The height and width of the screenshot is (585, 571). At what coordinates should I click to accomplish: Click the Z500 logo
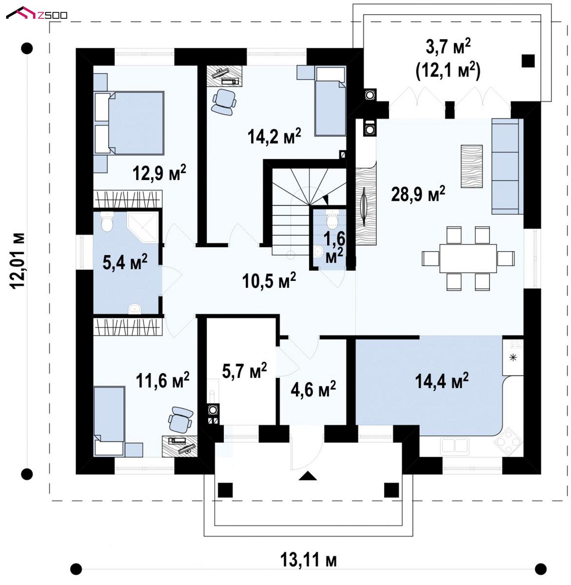pos(36,13)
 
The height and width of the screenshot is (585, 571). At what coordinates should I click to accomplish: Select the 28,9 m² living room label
pos(418,194)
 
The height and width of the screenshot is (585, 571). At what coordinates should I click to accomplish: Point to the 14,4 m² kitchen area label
pos(442,381)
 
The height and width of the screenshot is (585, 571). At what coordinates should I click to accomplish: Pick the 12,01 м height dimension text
pos(18,261)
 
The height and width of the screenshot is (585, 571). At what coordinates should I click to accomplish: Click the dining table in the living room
pos(468,259)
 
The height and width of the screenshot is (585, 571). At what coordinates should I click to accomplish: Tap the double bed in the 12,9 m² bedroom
pos(129,123)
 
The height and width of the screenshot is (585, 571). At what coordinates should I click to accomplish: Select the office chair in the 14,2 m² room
pos(224,102)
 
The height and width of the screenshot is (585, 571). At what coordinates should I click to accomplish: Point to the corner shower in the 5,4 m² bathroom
pos(143,227)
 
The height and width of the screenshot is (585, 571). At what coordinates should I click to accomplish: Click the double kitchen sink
pos(454,446)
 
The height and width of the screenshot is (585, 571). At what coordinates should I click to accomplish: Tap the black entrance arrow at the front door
pos(307,476)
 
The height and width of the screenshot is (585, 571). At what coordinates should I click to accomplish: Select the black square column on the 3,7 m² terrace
pos(528,61)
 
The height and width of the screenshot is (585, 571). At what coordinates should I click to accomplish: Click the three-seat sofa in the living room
pos(507,166)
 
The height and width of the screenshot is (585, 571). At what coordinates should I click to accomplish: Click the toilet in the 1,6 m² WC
pos(332,219)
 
